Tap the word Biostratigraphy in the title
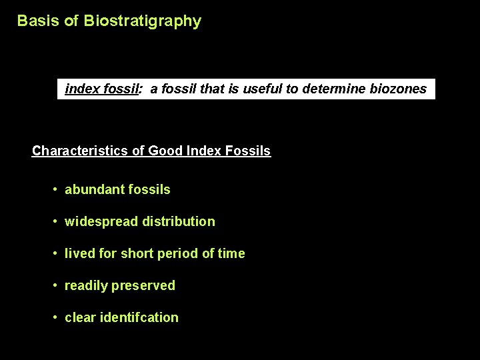(142, 21)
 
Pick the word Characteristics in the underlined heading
(80, 151)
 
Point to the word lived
(79, 253)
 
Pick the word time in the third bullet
(232, 253)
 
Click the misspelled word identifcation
(139, 317)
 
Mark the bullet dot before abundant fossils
(55, 190)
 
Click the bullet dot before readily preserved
(55, 286)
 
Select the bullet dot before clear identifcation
(55, 318)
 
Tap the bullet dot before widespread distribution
(55, 222)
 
